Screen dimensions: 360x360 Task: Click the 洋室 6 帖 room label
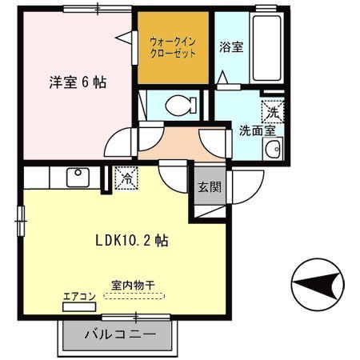click(x=78, y=82)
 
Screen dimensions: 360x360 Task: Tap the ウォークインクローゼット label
click(x=173, y=47)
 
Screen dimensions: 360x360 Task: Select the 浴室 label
click(x=231, y=46)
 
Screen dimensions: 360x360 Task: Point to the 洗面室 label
click(x=257, y=130)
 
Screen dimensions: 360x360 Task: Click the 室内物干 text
click(x=133, y=284)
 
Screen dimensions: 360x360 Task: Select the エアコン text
click(x=79, y=297)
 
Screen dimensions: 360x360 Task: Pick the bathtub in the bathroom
click(x=270, y=45)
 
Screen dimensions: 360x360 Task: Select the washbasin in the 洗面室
click(x=274, y=149)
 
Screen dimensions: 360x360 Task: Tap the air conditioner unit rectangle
click(x=79, y=306)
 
